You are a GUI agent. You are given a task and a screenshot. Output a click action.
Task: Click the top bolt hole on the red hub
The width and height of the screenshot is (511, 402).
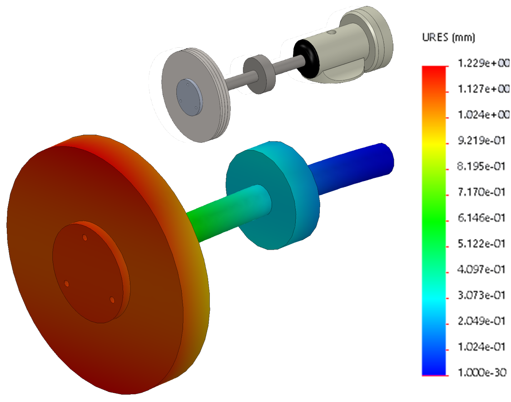(84, 237)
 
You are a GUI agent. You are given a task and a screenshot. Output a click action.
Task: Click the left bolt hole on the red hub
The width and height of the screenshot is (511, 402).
(66, 284)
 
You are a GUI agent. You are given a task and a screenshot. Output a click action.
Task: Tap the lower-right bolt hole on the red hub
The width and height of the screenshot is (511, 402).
(112, 300)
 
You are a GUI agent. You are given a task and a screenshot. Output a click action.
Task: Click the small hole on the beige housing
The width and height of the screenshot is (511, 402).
(332, 32)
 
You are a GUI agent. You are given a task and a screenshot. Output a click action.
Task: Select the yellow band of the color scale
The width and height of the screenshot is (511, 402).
(434, 144)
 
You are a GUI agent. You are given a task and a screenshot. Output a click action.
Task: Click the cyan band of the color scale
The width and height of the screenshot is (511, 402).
(434, 298)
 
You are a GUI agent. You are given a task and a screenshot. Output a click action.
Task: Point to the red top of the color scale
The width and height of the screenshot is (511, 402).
(434, 71)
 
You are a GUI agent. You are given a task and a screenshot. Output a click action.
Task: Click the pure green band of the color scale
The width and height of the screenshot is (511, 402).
(434, 221)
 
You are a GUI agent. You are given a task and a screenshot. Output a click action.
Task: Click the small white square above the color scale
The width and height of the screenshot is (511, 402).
(432, 35)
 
